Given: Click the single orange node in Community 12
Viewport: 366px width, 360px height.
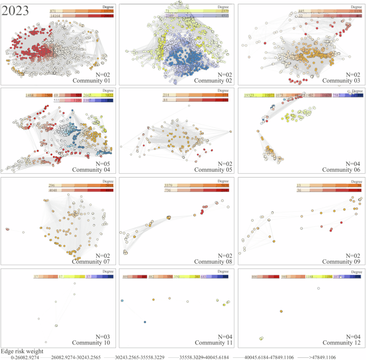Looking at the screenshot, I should coord(281,311).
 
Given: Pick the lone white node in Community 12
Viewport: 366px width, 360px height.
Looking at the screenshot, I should coord(318,287).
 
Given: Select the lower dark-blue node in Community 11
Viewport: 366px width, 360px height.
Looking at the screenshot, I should coord(145,322).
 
